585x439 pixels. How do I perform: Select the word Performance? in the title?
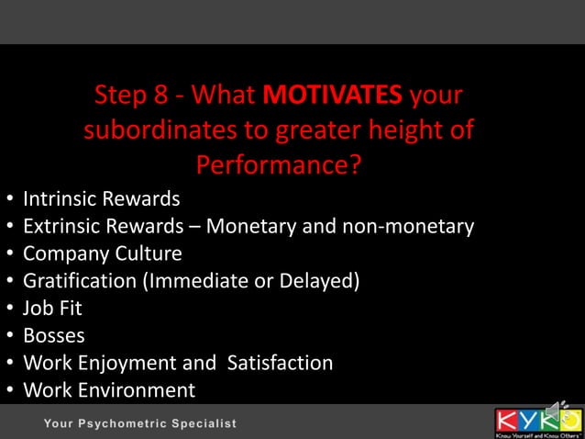pos(279,165)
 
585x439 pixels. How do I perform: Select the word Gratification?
pos(80,281)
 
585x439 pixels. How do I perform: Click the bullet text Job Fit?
pos(53,308)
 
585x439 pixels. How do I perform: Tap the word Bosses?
pos(54,335)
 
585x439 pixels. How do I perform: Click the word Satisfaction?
pos(276,363)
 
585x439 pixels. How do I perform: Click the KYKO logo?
pos(538,422)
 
